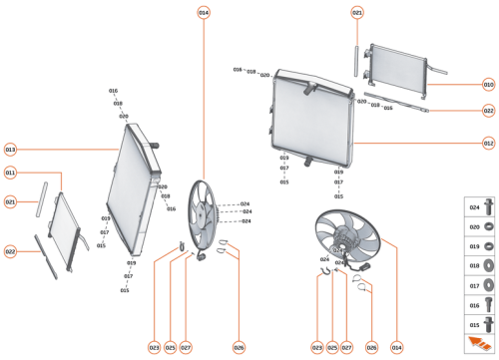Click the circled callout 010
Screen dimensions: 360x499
[x=488, y=85]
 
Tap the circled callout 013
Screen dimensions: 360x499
[x=10, y=149]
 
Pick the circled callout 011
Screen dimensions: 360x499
[x=10, y=173]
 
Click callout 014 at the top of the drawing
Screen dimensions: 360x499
[x=204, y=12]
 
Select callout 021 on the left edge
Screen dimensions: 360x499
[x=10, y=202]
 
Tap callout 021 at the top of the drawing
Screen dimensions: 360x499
[x=357, y=12]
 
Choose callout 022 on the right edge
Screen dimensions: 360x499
[x=488, y=112]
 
